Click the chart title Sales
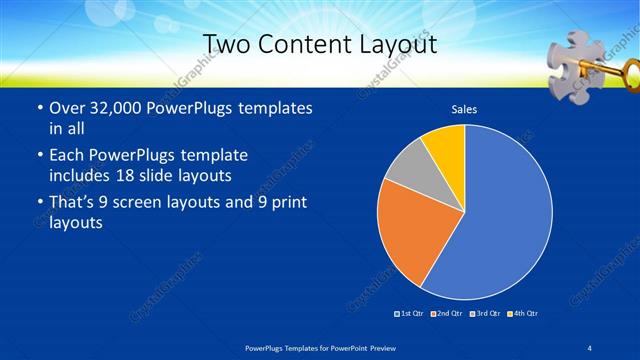tap(463, 107)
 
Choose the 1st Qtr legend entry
tap(410, 314)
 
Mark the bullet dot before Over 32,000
tap(39, 108)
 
